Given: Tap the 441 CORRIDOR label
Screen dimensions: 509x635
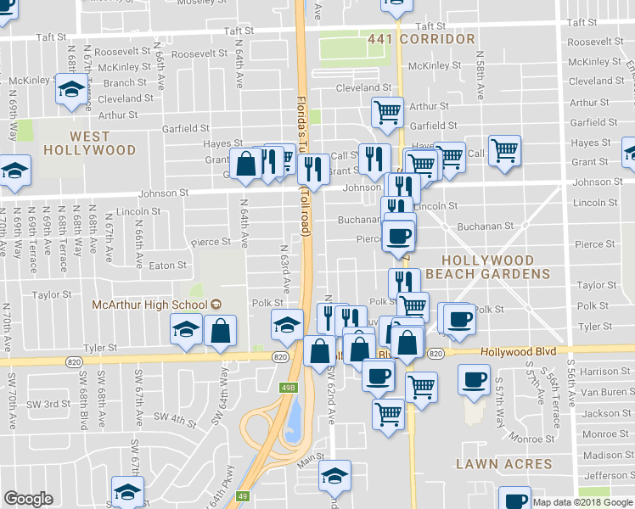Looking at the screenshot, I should coord(421,40).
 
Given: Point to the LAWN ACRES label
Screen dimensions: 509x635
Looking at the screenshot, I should coord(503,464).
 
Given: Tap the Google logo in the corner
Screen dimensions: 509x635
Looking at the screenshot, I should coord(28,499).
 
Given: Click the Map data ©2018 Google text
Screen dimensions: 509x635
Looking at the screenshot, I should coord(582,502).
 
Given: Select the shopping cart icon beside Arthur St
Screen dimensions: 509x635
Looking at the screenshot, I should coord(387,110).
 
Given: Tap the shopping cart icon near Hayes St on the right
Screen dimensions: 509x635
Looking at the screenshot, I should coord(505,151).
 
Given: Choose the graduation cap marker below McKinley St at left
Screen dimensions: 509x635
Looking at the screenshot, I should coord(72,88).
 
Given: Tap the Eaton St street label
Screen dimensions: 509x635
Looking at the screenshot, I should coord(167,266).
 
